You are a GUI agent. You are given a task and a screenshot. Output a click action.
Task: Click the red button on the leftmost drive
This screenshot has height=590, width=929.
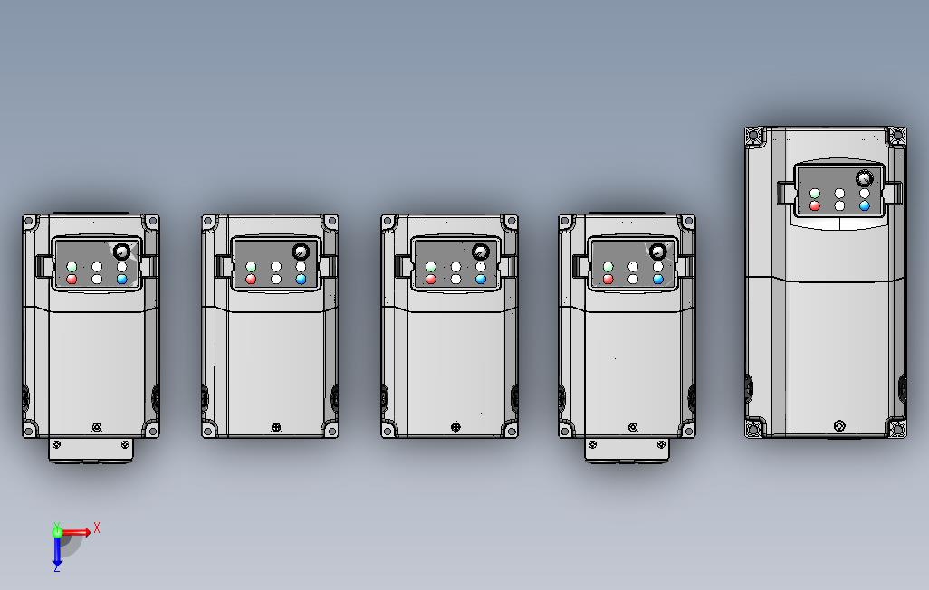pos(72,280)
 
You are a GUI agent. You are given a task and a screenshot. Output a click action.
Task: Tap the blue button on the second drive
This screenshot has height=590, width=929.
pos(302,280)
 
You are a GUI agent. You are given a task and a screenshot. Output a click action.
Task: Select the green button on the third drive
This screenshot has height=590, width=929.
pos(430,267)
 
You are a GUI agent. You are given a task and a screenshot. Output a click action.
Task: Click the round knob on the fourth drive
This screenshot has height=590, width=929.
pos(657,252)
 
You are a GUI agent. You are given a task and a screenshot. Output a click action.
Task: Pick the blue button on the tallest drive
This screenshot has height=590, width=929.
pos(865,206)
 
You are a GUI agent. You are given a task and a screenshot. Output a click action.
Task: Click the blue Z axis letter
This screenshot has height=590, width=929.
pos(56,567)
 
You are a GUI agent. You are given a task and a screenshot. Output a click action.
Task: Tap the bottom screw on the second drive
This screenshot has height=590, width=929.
pos(275,427)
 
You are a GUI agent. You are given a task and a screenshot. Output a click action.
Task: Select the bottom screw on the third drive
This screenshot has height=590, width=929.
pos(455,427)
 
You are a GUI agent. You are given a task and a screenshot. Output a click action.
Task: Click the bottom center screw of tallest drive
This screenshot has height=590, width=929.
pos(838,425)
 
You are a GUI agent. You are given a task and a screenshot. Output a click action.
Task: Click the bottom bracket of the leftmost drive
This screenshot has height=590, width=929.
pos(91,450)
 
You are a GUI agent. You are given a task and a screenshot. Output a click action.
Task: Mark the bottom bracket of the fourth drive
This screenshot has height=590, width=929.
pos(627,450)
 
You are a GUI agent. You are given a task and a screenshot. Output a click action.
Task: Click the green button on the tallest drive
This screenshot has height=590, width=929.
pos(814,194)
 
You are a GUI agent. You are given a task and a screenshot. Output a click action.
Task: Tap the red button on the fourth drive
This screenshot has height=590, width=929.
pos(608,280)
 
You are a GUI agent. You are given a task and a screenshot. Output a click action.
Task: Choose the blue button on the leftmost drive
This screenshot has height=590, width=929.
pos(122,280)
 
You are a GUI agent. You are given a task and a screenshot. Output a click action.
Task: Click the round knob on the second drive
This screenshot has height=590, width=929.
pos(301,252)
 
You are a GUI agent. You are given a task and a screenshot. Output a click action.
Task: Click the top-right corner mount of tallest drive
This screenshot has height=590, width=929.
pos(896,137)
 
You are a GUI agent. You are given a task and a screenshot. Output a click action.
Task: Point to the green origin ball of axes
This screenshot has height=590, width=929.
pos(57,533)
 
